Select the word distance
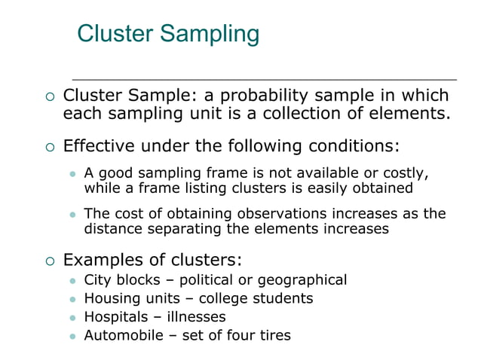112,228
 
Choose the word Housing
112,299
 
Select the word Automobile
121,335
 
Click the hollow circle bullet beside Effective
50,145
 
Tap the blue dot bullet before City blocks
73,281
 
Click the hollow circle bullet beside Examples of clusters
50,261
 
